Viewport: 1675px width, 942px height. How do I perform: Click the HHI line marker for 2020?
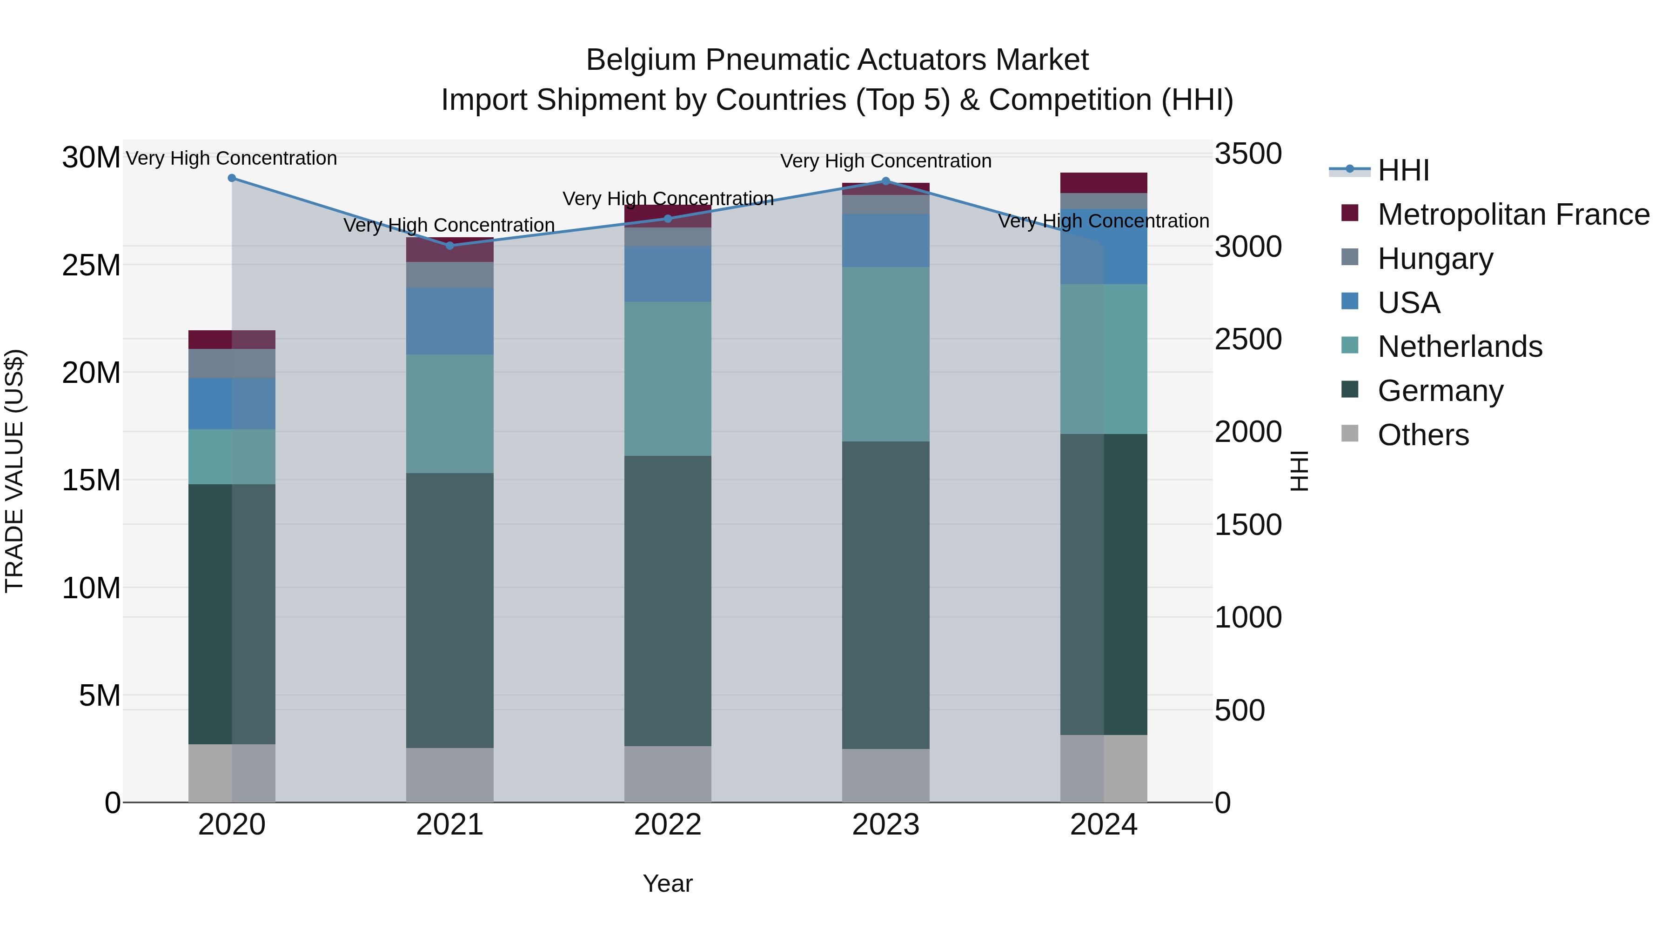(x=232, y=178)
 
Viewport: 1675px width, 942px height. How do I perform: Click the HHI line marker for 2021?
(x=450, y=246)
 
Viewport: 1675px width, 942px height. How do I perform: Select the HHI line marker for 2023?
(x=885, y=181)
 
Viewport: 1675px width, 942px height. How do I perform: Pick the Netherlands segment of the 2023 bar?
(x=885, y=354)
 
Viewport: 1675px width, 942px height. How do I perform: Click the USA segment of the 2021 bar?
(x=450, y=321)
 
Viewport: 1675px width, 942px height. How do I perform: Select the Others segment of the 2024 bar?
(x=1104, y=768)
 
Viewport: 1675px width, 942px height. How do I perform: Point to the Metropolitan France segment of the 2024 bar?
(x=1104, y=183)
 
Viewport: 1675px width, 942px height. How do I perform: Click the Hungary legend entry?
(x=1434, y=259)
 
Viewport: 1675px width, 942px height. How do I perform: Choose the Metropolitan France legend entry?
(x=1513, y=214)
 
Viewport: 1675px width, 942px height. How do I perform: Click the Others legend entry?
(x=1423, y=435)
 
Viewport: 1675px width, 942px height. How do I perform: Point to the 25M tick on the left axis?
(x=91, y=265)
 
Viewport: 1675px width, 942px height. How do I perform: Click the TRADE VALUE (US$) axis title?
(x=14, y=471)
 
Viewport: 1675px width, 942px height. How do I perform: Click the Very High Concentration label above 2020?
(x=232, y=159)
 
